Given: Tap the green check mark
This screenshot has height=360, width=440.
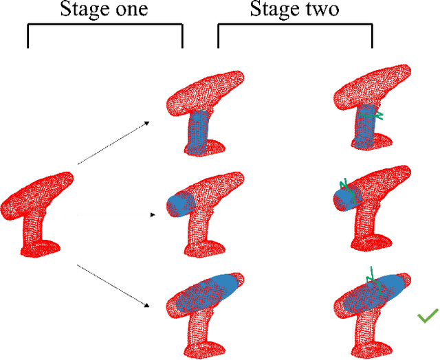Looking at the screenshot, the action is click(428, 316).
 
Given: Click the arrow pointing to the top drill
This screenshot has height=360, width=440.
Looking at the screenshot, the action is click(113, 143).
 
